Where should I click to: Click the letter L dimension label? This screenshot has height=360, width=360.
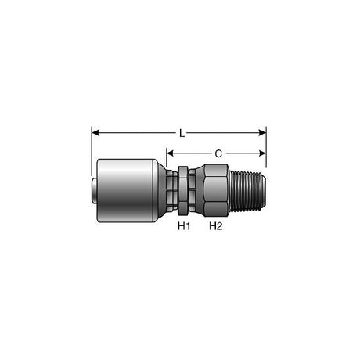click(182, 134)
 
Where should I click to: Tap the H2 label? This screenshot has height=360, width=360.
click(216, 227)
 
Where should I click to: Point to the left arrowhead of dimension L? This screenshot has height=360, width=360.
click(95, 134)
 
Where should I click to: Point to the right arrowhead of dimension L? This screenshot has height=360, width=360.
click(263, 134)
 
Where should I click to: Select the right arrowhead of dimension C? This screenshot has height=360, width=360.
click(263, 154)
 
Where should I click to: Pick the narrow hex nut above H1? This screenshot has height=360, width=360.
click(182, 189)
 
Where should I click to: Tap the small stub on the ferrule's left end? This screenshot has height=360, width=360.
click(93, 189)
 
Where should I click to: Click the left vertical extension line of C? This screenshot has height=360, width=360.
click(167, 160)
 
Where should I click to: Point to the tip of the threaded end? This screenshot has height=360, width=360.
click(265, 189)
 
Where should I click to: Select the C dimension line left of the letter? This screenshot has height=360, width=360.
click(192, 154)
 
